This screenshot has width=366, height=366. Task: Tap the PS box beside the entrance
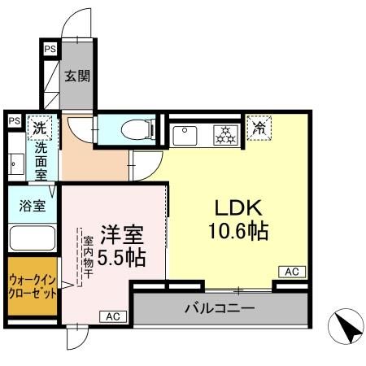(50, 50)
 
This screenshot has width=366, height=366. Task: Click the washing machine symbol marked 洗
(38, 127)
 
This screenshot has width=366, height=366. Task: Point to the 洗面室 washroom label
(40, 161)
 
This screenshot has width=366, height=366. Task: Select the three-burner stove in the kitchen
(224, 133)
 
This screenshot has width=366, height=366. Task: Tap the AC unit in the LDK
(292, 272)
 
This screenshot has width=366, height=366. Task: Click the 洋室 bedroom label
(123, 236)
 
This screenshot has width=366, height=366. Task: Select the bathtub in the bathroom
(30, 238)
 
